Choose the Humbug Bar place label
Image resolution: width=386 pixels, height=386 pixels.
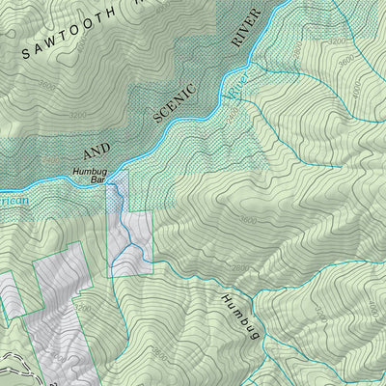[x=93, y=176]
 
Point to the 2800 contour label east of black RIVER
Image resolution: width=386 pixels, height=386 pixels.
[x=298, y=48]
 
